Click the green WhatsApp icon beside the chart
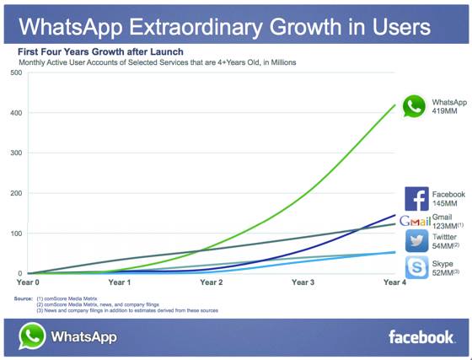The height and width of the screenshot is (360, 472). pyautogui.click(x=414, y=106)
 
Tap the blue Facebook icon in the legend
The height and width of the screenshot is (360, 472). pyautogui.click(x=416, y=199)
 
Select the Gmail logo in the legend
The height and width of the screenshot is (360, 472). pyautogui.click(x=416, y=221)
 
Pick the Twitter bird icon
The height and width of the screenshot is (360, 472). pyautogui.click(x=416, y=241)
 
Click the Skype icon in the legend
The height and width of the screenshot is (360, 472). pyautogui.click(x=416, y=267)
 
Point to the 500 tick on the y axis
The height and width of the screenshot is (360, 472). pyautogui.click(x=15, y=73)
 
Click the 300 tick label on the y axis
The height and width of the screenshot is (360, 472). pyautogui.click(x=15, y=153)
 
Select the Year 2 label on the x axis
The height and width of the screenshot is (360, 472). pyautogui.click(x=211, y=282)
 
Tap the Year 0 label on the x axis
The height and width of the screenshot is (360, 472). pyautogui.click(x=29, y=282)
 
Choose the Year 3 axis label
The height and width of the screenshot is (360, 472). pyautogui.click(x=303, y=282)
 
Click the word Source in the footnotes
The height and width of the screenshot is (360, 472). pyautogui.click(x=23, y=298)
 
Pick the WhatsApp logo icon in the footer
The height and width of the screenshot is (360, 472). pyautogui.click(x=32, y=336)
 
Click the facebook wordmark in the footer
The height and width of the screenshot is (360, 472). pyautogui.click(x=421, y=337)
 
